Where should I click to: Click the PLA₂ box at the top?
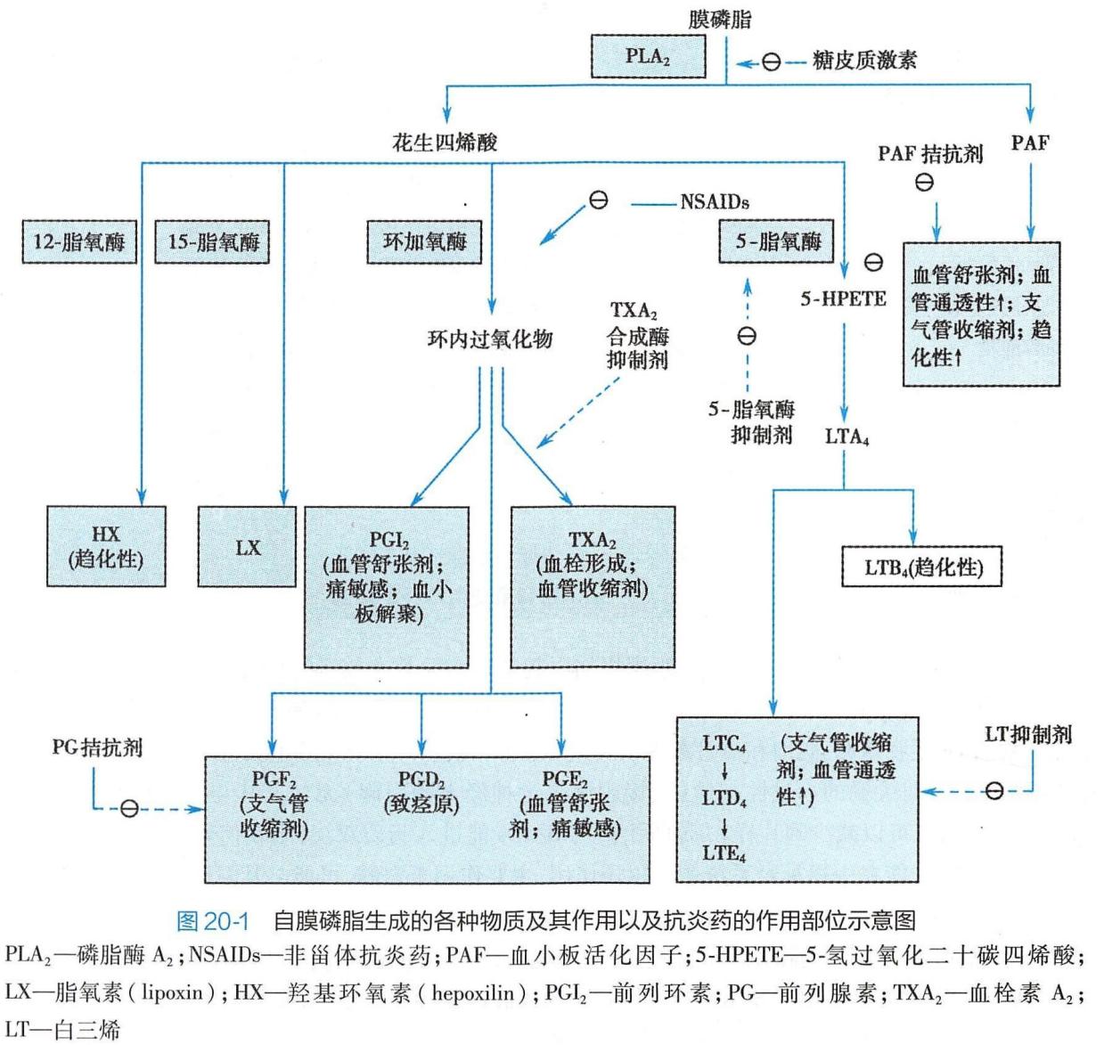point(648,57)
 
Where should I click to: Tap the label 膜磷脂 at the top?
point(720,19)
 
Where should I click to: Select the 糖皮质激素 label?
point(864,61)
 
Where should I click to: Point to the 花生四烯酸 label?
point(445,143)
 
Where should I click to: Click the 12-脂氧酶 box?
point(79,241)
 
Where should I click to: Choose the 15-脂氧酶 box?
point(213,241)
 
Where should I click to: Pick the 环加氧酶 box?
point(424,241)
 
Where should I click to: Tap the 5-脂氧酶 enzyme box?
point(778,241)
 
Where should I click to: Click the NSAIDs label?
point(715,202)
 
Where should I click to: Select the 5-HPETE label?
point(843,299)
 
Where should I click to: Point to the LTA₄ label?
point(846,437)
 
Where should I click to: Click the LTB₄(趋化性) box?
point(921,567)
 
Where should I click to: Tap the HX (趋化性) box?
point(105,546)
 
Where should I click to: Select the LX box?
point(247,547)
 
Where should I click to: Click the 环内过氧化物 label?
point(490,339)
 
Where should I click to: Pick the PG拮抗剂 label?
point(97,747)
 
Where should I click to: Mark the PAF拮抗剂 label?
point(930,154)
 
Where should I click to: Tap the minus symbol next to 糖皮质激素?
point(772,61)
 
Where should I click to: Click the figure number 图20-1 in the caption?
point(214,920)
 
